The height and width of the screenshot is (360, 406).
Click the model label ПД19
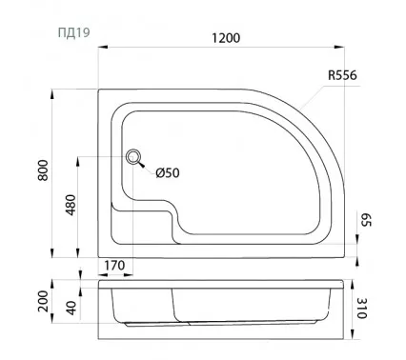click(x=73, y=32)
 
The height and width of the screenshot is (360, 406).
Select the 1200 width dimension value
click(x=226, y=38)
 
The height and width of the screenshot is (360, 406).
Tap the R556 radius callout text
click(x=342, y=75)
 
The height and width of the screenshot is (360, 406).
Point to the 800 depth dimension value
click(x=43, y=170)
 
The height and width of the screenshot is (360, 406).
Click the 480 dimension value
click(x=71, y=205)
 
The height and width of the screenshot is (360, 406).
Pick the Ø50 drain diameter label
click(x=168, y=173)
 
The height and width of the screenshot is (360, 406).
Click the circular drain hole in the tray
click(x=133, y=156)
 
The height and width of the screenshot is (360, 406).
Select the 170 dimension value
click(x=114, y=266)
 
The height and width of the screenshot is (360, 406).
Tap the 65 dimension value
click(x=366, y=220)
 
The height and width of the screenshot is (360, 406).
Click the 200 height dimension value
click(x=43, y=301)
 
